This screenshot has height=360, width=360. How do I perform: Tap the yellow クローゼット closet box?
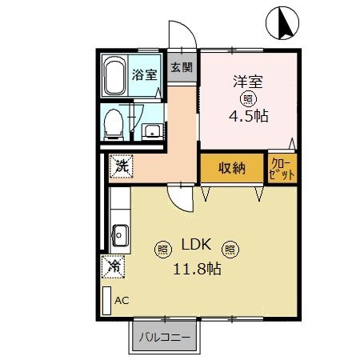[281, 168]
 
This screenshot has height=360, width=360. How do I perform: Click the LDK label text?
[196, 246]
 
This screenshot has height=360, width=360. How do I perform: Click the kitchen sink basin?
[121, 235]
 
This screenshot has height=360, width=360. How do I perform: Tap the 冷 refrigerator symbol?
[114, 266]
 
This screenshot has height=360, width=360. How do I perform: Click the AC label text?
[122, 301]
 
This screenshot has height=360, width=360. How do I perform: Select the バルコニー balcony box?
[166, 337]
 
